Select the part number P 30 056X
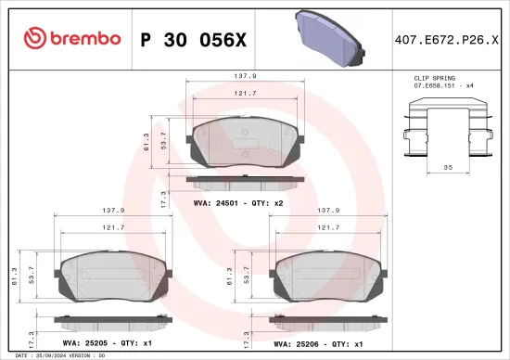pos(193,38)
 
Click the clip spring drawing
pos(446,128)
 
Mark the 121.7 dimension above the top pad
pos(244,94)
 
